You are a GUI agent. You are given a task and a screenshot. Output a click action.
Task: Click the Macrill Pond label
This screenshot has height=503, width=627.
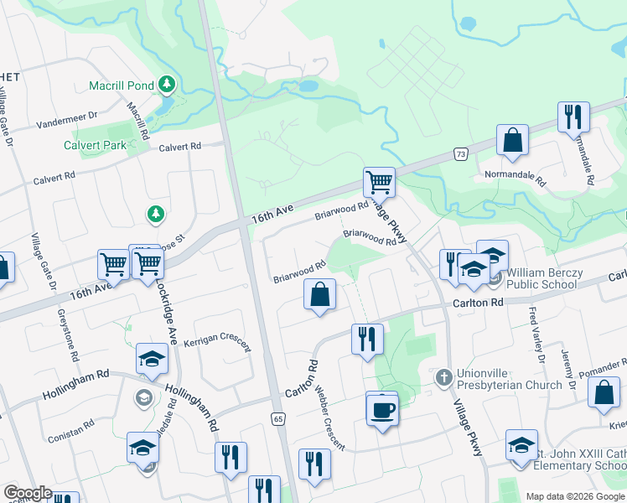(x=122, y=86)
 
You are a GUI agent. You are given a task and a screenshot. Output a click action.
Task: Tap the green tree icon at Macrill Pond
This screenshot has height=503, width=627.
(x=168, y=84)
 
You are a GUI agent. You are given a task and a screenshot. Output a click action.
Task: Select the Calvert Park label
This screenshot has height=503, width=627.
(x=95, y=145)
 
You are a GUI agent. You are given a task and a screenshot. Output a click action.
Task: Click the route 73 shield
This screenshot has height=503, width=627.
(x=459, y=153)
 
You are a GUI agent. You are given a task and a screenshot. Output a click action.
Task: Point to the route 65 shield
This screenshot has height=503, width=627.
(x=277, y=418)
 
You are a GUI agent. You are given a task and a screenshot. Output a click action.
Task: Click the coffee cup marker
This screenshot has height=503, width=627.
(x=382, y=411)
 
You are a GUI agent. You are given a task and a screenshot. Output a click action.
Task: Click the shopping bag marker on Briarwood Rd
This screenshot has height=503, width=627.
(x=319, y=295)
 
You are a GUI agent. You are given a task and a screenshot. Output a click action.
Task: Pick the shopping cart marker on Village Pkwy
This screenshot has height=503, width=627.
(x=379, y=181)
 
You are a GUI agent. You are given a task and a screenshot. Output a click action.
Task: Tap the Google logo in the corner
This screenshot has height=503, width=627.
(x=28, y=493)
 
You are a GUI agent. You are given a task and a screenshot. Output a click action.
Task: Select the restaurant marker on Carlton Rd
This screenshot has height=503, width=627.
(x=367, y=340)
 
